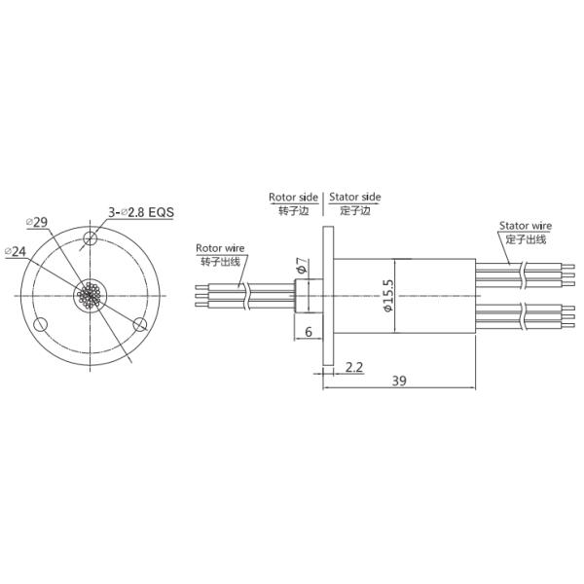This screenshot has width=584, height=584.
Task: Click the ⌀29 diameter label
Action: coord(37,222)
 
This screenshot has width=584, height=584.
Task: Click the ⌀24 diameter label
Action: coord(16,251)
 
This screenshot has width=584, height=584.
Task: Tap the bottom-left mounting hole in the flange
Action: coord(42,324)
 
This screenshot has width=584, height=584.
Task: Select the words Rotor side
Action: coord(295,197)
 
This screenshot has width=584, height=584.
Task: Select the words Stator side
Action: coord(354,197)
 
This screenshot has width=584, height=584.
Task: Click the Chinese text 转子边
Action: coord(293,209)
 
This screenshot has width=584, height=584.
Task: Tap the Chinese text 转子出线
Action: coord(219,261)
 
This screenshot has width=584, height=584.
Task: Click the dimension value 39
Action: coord(399,382)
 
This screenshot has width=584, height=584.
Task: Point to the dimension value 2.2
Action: coord(355,367)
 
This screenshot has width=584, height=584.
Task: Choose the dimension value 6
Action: coord(309,332)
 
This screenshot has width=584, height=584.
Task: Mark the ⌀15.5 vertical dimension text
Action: coord(388,296)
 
